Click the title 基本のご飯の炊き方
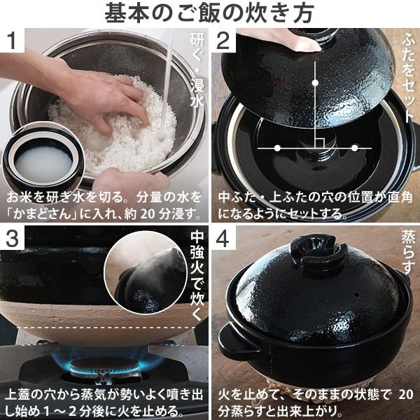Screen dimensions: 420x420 (x=209, y=13)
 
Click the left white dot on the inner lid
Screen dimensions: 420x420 (x=277, y=148)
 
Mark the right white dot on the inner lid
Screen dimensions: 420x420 (x=355, y=148)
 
